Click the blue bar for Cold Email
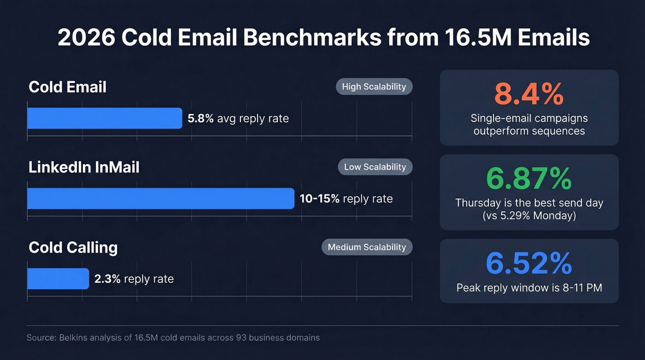[105, 118]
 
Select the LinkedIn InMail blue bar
[160, 199]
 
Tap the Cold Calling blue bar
[58, 279]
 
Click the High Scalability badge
[374, 87]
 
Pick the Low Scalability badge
[375, 167]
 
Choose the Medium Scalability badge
[367, 247]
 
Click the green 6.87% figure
[529, 179]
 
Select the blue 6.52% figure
[529, 264]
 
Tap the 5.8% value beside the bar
[200, 118]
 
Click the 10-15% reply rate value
[319, 199]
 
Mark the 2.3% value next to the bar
[107, 279]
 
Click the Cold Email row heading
[67, 87]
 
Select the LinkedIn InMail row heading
[84, 167]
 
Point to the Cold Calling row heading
[73, 248]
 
